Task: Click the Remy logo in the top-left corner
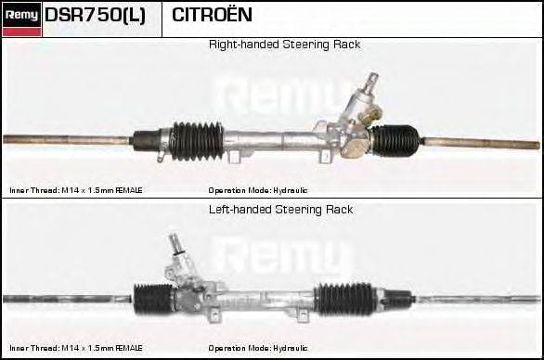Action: (x=21, y=19)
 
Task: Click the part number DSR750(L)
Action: (x=95, y=15)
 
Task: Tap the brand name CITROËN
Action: (x=212, y=15)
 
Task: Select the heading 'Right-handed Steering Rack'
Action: (x=284, y=45)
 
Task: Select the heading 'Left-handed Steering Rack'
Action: (x=280, y=210)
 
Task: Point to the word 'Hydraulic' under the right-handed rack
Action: (x=290, y=190)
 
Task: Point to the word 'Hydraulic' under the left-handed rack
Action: (x=290, y=348)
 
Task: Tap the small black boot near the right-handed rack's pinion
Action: (x=395, y=140)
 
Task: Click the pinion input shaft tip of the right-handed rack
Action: (x=373, y=77)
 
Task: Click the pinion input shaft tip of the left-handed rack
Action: (x=173, y=238)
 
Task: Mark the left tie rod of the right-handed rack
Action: (x=67, y=139)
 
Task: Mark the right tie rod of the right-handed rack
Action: (x=481, y=143)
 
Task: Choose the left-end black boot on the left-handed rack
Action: (x=153, y=300)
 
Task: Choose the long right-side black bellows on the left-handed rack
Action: (x=345, y=300)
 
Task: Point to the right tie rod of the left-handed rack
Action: (x=478, y=299)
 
